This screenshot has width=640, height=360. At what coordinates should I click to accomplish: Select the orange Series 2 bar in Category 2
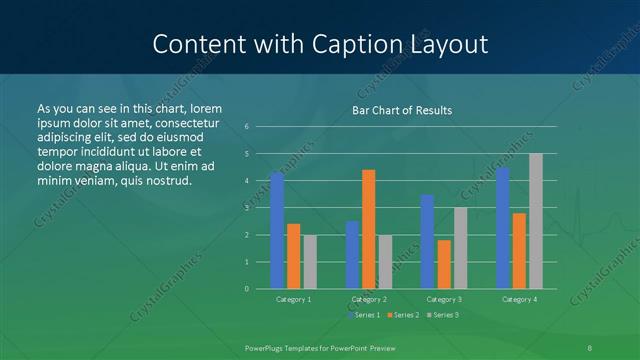coord(369,229)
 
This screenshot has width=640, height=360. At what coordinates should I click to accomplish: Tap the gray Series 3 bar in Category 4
coord(536,221)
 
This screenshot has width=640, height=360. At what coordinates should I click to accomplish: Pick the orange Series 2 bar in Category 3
coord(444,264)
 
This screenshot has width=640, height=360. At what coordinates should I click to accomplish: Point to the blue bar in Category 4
coord(503,228)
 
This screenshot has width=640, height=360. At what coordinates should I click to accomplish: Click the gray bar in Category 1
coord(310,261)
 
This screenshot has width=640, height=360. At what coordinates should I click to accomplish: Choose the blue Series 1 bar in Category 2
coord(352,255)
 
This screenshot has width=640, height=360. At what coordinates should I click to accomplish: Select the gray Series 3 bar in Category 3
coord(461,248)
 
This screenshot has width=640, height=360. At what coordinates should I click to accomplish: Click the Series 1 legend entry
coord(365,315)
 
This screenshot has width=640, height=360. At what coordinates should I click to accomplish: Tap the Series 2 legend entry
coord(403,315)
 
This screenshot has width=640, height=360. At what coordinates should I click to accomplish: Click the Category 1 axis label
coord(293,299)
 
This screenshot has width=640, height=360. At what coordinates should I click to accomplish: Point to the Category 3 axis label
coord(444,299)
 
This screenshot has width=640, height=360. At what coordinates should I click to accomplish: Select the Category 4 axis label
coord(519,299)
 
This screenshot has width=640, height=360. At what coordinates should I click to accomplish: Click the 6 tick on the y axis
coord(246,127)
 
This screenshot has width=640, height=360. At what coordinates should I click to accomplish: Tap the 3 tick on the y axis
coord(246,208)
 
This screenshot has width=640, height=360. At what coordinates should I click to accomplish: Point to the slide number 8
coord(590,346)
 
